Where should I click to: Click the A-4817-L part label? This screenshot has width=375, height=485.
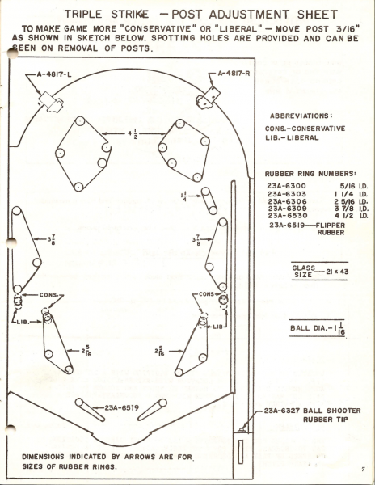(54, 74)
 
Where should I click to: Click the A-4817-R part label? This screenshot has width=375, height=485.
(234, 74)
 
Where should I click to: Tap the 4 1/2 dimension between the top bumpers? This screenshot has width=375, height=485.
(133, 134)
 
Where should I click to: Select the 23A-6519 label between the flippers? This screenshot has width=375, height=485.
(121, 407)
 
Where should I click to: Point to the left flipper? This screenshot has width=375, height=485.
(90, 410)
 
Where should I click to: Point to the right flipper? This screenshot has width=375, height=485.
(152, 410)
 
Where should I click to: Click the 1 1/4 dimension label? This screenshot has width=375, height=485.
(184, 196)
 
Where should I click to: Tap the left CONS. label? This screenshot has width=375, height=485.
(48, 295)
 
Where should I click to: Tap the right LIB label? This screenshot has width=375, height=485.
(217, 327)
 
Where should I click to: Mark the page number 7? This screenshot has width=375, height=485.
(364, 469)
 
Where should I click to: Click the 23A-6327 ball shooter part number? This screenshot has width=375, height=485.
(282, 411)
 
